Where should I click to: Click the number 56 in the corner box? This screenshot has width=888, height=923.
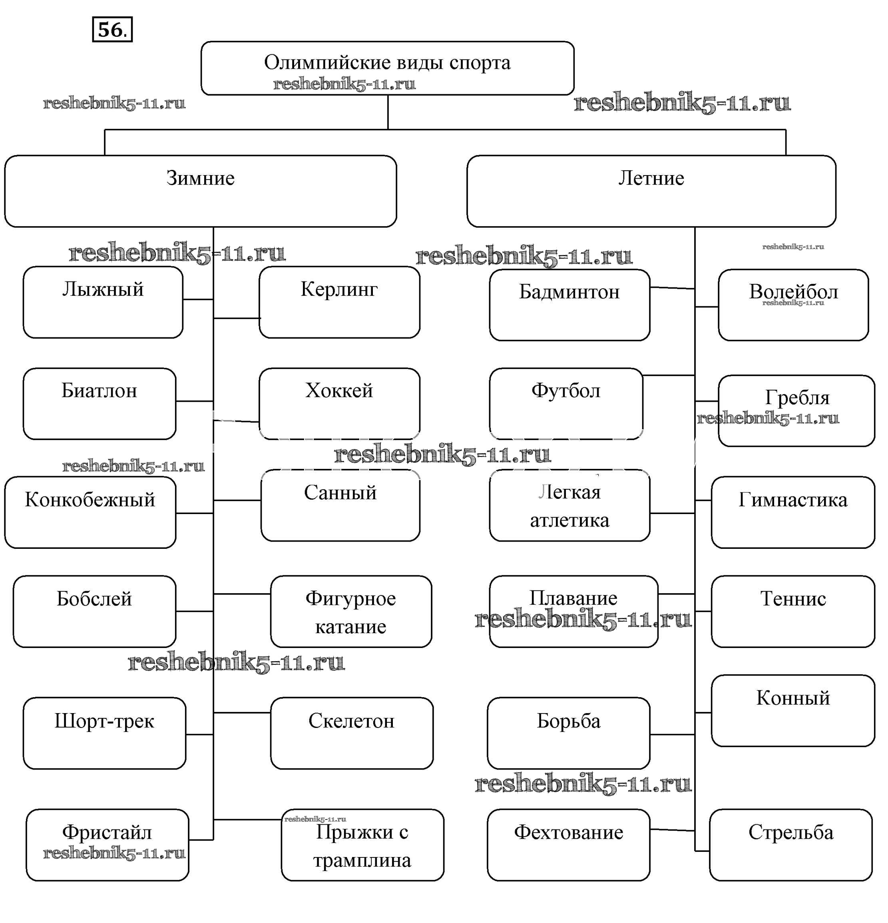pos(111,30)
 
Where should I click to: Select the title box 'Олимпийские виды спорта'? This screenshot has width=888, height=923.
pos(387,68)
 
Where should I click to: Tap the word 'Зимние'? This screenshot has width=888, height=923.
pos(200,178)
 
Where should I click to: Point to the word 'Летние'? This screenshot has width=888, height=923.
pos(651,178)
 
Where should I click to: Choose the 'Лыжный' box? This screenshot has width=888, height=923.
pos(103,302)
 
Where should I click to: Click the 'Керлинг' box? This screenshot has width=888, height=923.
pos(339,302)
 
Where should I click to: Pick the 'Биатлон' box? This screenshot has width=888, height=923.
pos(100,404)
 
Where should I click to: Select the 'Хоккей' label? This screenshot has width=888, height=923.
pos(339,391)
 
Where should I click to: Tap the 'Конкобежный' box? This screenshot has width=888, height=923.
pos(90,512)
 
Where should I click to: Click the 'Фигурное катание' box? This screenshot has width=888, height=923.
pos(351,611)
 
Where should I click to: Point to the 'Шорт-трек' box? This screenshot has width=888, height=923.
pos(104,733)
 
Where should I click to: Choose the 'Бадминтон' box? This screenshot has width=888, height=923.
pos(569,305)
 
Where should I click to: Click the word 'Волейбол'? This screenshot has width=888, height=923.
pos(793,292)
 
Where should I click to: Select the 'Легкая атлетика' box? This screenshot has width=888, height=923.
pos(569,505)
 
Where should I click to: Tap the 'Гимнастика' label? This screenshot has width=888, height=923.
pos(793,500)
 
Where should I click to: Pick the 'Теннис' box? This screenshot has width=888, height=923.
pos(793,611)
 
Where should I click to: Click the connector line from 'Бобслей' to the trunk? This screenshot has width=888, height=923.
pos(195,611)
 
